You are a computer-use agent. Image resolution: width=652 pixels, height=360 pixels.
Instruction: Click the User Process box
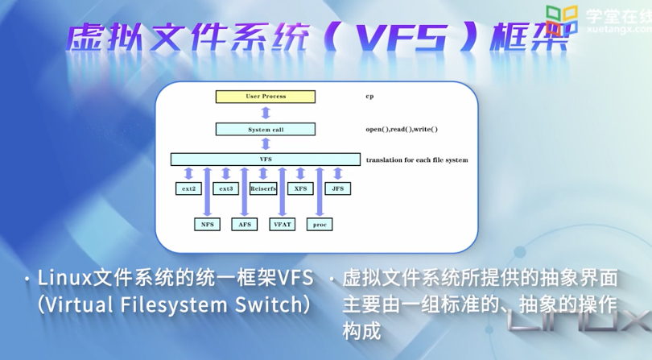click(x=265, y=97)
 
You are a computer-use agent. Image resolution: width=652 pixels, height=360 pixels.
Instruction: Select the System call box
click(x=265, y=129)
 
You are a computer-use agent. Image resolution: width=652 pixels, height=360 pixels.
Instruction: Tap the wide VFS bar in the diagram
click(x=265, y=159)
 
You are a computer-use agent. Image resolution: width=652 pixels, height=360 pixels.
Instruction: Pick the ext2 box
click(x=187, y=188)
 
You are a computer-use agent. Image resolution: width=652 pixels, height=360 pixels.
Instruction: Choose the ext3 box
click(x=225, y=188)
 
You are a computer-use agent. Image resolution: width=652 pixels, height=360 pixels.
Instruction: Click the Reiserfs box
click(x=263, y=188)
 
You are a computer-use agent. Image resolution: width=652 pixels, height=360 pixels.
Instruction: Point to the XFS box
click(x=300, y=188)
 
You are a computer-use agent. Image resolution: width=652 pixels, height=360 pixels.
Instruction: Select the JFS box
click(x=338, y=188)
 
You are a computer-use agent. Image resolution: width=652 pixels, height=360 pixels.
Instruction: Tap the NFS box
click(x=206, y=224)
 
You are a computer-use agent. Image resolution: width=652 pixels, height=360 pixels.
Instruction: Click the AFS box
click(x=244, y=224)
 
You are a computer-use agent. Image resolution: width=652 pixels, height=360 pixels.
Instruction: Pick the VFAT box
click(x=282, y=224)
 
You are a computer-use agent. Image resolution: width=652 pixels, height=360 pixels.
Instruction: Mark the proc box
click(x=320, y=224)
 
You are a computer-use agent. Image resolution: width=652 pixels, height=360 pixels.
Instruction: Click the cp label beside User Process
click(x=369, y=97)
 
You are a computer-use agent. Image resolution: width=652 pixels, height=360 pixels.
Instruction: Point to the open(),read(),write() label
click(x=401, y=129)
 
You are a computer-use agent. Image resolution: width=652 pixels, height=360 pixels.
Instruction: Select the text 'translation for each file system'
click(x=416, y=160)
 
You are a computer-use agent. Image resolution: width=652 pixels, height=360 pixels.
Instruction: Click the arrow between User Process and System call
click(x=265, y=113)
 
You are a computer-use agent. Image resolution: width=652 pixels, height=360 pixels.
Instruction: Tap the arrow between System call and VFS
click(x=265, y=144)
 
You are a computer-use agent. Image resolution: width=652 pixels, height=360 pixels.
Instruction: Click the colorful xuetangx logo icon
click(x=563, y=19)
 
